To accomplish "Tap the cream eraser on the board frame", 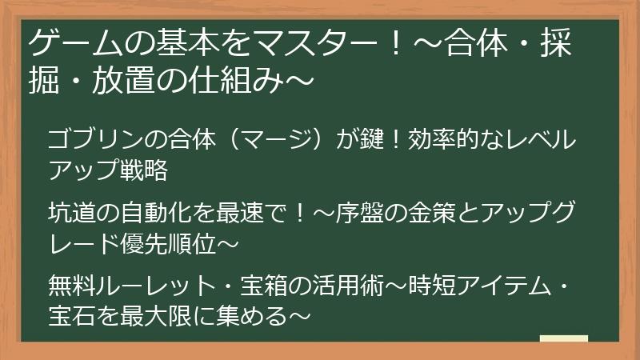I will (564, 339).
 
